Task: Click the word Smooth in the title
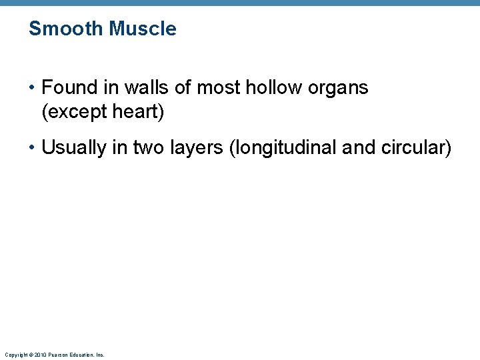click(x=66, y=29)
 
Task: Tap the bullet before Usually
click(x=33, y=148)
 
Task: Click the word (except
click(x=71, y=113)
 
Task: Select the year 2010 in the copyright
click(x=41, y=355)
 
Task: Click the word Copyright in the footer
click(x=17, y=355)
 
